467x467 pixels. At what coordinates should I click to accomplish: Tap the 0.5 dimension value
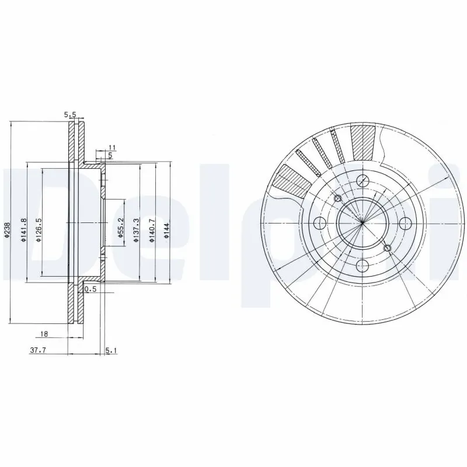coord(90,289)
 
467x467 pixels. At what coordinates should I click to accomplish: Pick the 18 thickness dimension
coord(44,334)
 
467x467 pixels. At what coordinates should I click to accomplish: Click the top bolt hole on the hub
coord(362,180)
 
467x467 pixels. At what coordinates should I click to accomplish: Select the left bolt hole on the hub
coord(319,223)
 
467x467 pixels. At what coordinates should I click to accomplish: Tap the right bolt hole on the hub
coord(405,223)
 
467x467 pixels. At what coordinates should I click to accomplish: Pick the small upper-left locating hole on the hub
coord(337,198)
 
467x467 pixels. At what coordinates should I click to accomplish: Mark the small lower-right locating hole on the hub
coord(388,249)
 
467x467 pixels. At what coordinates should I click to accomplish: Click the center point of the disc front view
coord(362,223)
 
